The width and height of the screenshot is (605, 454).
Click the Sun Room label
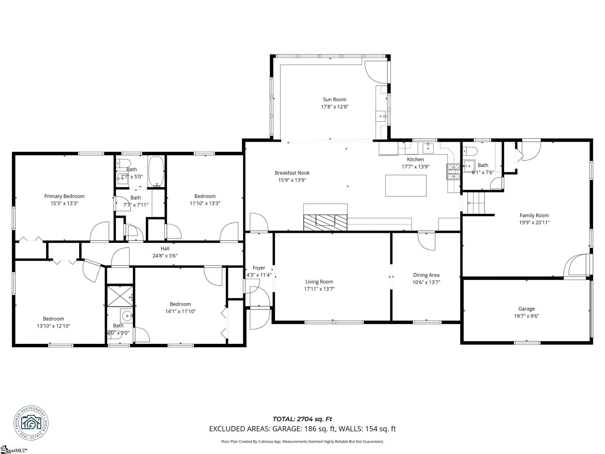coord(334,100)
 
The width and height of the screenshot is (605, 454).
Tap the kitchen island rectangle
coord(406,186)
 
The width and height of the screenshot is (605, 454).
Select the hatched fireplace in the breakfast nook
coord(325,222)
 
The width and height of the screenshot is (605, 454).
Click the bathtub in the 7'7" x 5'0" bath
coord(156,171)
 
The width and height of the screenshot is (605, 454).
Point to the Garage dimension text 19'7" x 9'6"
coord(526,316)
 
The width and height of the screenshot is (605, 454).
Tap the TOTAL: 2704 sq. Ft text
coord(302,419)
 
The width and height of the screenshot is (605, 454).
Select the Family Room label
coord(534,215)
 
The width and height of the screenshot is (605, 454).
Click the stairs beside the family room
coord(476,203)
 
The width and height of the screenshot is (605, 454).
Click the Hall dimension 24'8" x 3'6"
coord(165,256)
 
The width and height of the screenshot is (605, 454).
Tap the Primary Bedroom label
coord(64,196)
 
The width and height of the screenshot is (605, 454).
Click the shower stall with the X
coord(120,296)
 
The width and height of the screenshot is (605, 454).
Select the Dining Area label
coord(426,275)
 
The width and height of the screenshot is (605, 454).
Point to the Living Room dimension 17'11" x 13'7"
coord(319,289)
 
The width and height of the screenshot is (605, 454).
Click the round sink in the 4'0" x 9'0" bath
coord(127,316)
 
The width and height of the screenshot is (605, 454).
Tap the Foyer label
coord(259,268)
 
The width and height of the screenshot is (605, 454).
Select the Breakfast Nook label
coord(292,173)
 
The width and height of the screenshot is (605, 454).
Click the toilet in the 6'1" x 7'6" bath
coord(470,151)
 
